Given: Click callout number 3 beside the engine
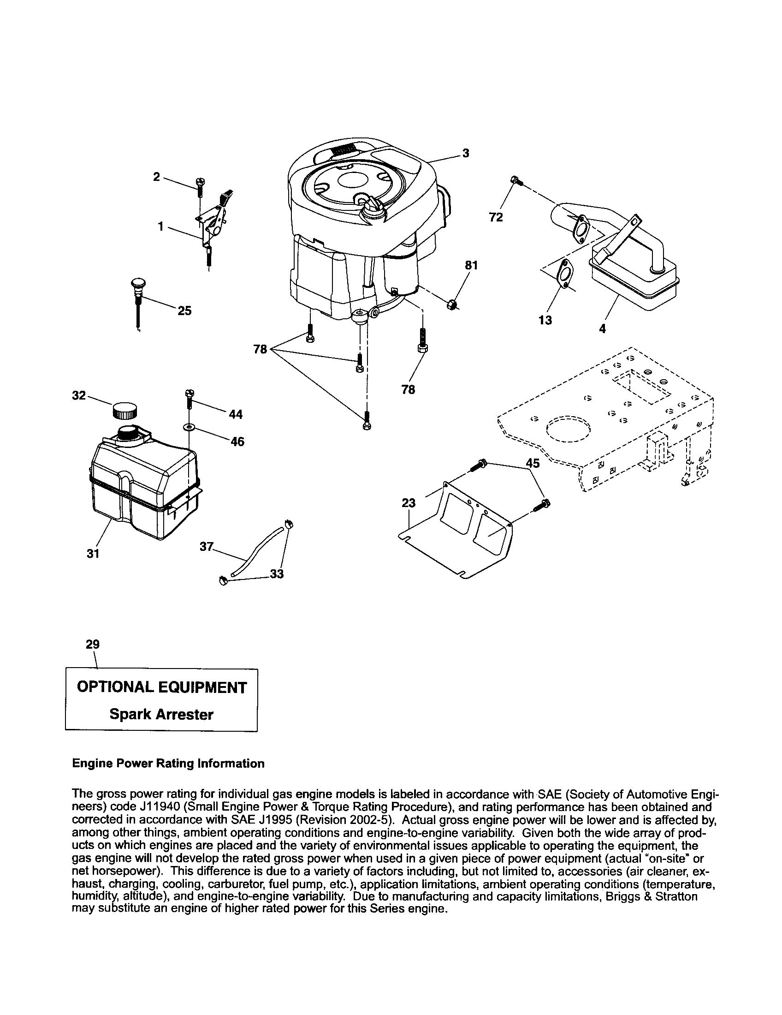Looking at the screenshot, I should pos(466,153).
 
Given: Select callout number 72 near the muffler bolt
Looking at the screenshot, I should pos(496,217).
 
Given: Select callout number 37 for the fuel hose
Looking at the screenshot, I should pos(206,547).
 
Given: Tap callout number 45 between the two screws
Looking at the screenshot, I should pos(533,463).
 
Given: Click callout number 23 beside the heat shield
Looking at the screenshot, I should pos(409,503).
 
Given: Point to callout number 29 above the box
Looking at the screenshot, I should pos(93,644).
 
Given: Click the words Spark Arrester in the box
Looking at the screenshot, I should pos(161,714).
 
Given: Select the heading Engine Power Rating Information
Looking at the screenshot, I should pos(168,764).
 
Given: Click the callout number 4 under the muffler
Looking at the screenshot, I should pos(602,328).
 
